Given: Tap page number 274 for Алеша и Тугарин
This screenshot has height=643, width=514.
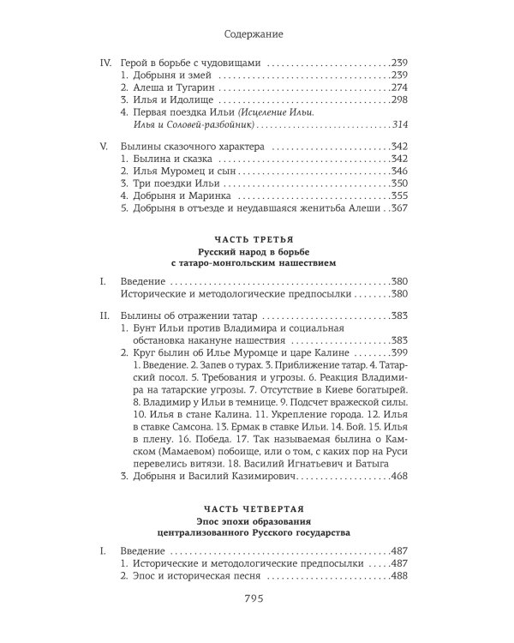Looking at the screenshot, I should pyautogui.click(x=403, y=87).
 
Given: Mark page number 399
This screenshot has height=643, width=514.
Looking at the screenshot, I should pyautogui.click(x=403, y=352).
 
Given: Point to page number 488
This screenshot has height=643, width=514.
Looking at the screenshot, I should pyautogui.click(x=403, y=577).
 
